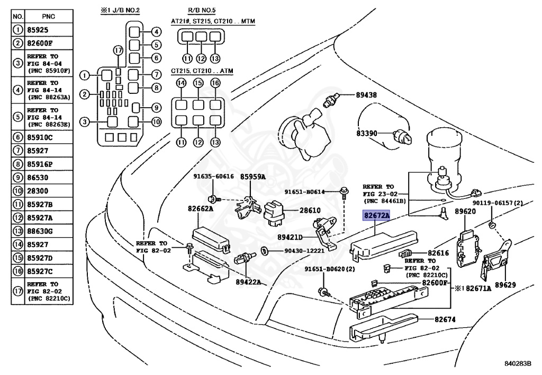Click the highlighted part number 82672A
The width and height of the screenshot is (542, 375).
click(x=376, y=216)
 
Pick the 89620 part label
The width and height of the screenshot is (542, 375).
click(x=466, y=211)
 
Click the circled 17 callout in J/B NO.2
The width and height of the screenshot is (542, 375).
click(x=118, y=50)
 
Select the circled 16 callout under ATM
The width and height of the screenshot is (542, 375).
click(x=215, y=83)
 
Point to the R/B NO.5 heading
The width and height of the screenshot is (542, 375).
click(x=199, y=10)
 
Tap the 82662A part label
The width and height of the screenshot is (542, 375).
click(x=200, y=210)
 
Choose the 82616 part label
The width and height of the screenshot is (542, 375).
click(x=438, y=254)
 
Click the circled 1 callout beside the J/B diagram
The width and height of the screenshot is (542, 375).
click(x=84, y=74)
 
